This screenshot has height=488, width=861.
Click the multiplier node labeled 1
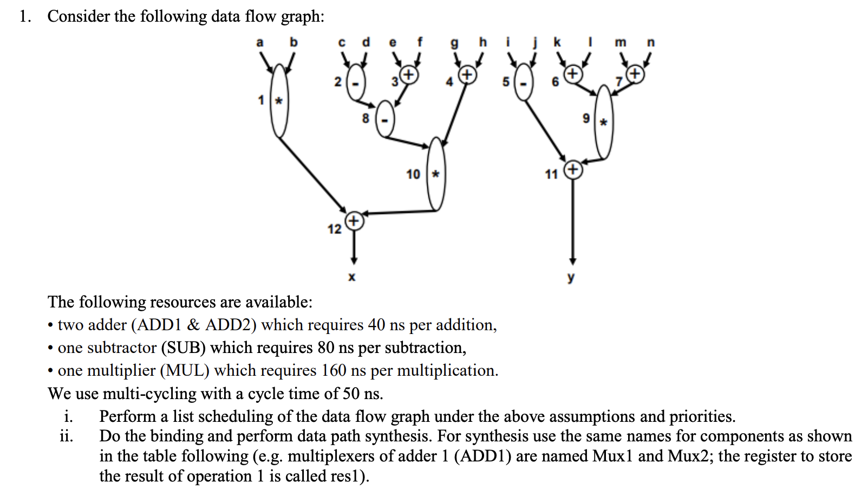[x=279, y=101]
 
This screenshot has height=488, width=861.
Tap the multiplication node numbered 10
[x=436, y=174]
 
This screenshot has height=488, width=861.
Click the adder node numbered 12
[x=354, y=221]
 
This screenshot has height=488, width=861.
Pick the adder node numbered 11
[x=573, y=170]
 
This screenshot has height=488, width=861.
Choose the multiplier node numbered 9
[x=604, y=122]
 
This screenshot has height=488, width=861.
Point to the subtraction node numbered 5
[x=523, y=82]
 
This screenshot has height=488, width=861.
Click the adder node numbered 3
[x=409, y=74]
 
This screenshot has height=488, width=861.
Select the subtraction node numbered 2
[x=356, y=82]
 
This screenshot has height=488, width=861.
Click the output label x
[x=351, y=278]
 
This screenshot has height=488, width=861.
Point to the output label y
[x=571, y=278]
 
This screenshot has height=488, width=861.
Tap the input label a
[x=260, y=42]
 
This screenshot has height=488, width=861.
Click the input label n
[x=650, y=42]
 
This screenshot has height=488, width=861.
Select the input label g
[x=454, y=43]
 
